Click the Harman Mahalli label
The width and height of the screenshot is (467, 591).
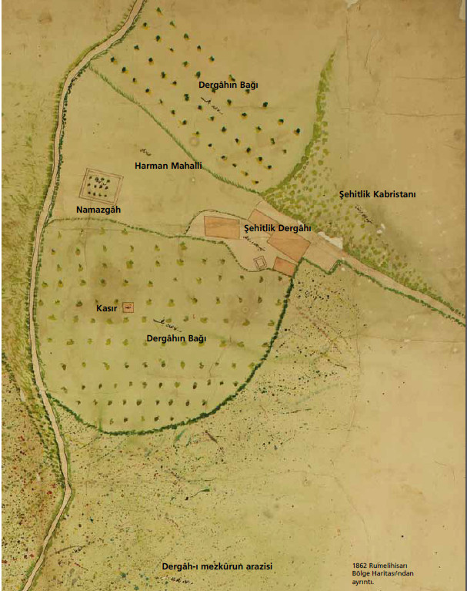[168, 166]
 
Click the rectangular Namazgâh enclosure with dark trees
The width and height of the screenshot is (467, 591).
[102, 186]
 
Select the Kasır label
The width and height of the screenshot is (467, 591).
[105, 308]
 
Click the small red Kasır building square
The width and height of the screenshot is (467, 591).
[128, 307]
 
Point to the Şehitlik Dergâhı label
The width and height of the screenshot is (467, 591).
[277, 228]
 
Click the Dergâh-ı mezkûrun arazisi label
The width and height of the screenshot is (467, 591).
[218, 566]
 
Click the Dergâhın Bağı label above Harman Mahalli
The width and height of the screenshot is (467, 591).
[228, 83]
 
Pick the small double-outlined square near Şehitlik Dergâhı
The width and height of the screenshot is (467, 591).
[261, 263]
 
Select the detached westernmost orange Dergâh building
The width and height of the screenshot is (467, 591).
[222, 227]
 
